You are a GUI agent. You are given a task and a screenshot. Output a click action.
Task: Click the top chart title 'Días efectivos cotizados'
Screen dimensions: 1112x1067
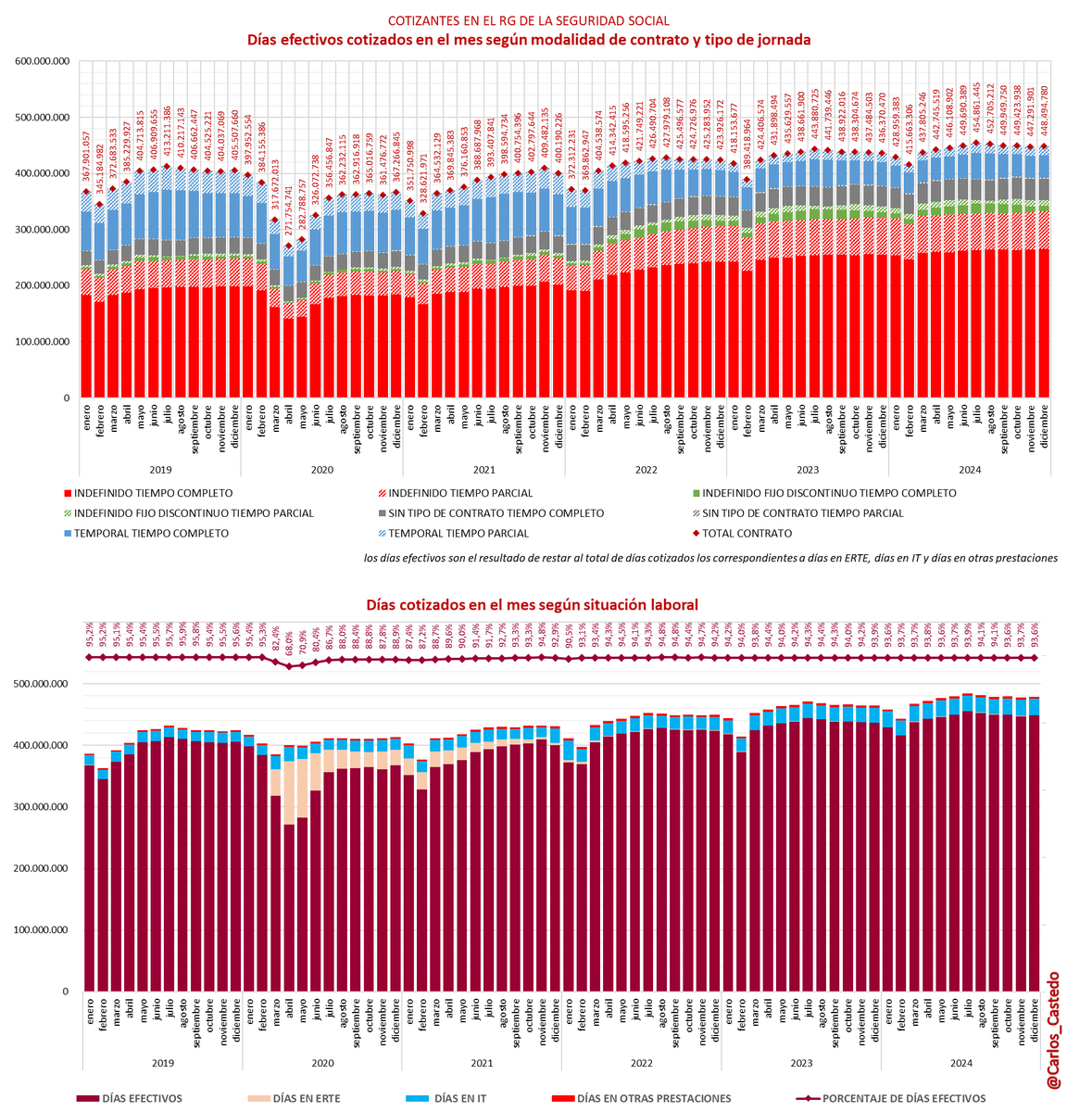click(x=528, y=40)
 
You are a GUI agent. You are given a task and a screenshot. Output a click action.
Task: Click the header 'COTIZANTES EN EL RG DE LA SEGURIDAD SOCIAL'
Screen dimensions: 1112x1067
click(x=529, y=20)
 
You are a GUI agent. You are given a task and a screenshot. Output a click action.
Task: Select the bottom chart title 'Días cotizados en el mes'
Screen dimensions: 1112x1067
click(x=532, y=604)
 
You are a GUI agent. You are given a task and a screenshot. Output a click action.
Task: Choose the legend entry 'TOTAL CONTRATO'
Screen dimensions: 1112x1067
click(x=747, y=533)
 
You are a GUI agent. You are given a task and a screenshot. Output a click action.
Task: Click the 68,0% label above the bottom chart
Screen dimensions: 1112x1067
click(x=289, y=638)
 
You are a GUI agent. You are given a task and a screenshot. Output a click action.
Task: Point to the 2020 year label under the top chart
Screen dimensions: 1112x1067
click(x=322, y=470)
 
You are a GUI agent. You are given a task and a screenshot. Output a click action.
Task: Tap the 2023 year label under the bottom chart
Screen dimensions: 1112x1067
click(x=801, y=1065)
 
